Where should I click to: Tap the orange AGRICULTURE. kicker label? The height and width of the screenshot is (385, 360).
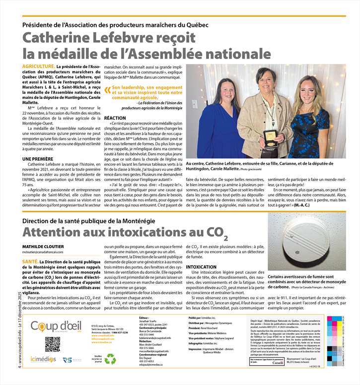[x=38, y=66]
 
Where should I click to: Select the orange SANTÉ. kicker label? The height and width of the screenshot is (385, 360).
[x=30, y=261]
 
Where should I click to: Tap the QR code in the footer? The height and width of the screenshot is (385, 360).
[x=52, y=344]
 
